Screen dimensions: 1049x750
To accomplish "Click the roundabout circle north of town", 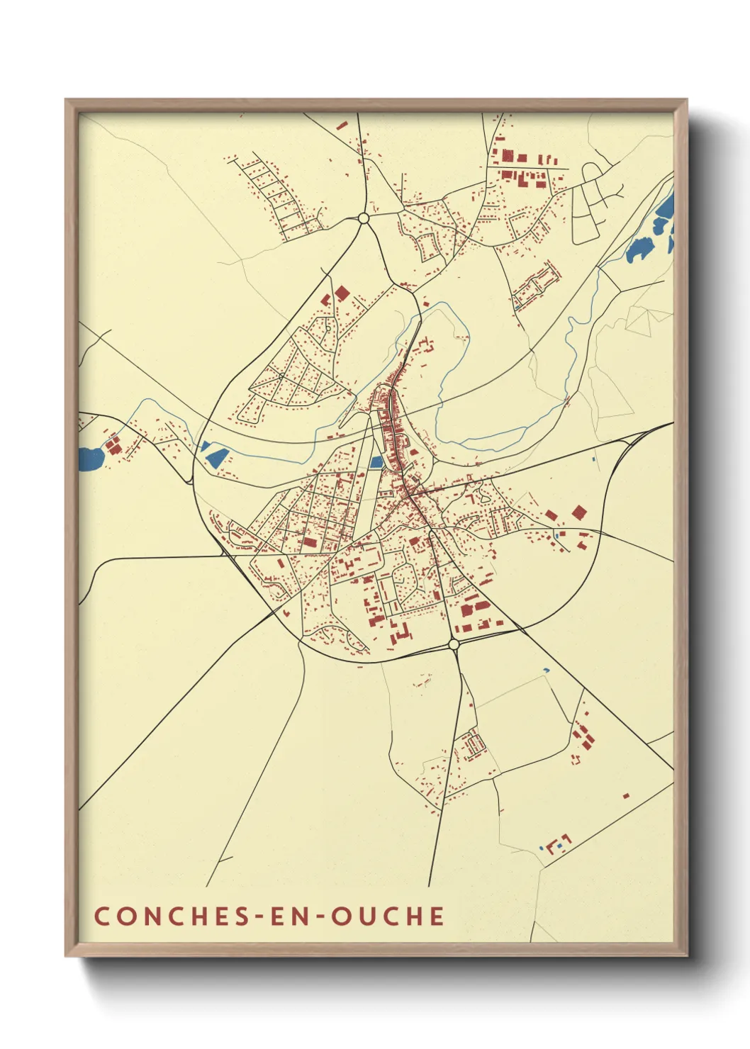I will [x=364, y=218].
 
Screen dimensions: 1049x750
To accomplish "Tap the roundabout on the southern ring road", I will [x=454, y=644].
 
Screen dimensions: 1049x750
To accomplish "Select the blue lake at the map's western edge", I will [x=91, y=459].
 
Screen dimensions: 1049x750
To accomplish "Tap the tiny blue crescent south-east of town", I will [x=546, y=670].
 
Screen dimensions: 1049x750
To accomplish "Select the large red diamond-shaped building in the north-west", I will [x=342, y=293].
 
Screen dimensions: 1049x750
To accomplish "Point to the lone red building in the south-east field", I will [x=625, y=795].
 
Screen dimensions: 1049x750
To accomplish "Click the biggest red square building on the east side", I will [x=579, y=512].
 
